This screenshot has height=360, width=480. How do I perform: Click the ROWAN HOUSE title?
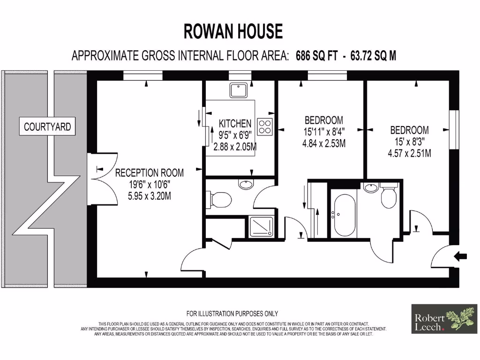point(233,31)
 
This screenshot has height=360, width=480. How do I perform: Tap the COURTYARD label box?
point(48,127)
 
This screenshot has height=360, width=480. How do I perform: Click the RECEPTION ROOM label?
point(150,173)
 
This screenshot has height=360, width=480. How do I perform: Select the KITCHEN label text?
point(235,124)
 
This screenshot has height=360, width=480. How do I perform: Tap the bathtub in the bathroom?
point(344,215)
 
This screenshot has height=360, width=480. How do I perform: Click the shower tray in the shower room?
point(261,227)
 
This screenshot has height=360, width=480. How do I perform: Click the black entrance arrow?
point(461,256)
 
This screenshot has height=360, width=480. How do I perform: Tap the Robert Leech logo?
point(444,319)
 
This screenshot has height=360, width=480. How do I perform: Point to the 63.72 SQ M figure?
point(370,56)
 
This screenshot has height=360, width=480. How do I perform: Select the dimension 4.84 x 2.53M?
point(324,143)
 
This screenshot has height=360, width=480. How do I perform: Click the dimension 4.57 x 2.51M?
point(409,153)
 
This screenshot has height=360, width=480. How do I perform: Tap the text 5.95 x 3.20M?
point(150,196)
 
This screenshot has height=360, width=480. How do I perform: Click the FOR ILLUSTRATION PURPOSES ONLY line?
point(232,314)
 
